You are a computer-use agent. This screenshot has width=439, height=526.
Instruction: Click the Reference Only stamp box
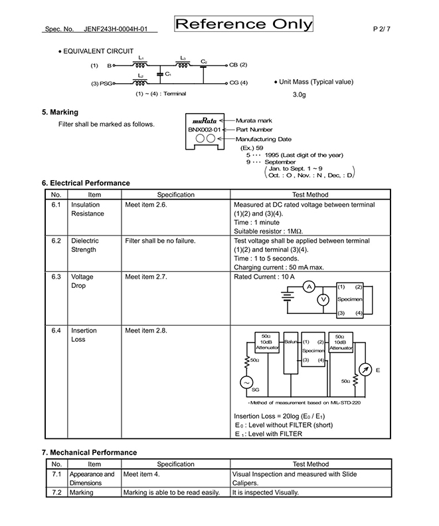click(x=244, y=24)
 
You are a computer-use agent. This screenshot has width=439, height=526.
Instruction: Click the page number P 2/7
click(x=382, y=29)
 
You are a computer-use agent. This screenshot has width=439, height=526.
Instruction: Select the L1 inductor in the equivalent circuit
click(x=140, y=65)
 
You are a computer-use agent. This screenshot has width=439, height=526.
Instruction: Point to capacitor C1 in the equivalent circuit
click(x=160, y=74)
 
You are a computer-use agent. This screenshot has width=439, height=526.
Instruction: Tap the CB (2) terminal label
click(x=238, y=65)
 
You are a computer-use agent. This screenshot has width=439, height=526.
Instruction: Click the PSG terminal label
click(x=106, y=83)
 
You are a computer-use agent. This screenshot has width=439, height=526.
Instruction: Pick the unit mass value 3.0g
click(x=300, y=94)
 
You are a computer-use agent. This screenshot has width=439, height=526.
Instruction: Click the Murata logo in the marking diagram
click(x=205, y=121)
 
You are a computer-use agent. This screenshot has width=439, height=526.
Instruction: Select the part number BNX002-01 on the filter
click(x=205, y=130)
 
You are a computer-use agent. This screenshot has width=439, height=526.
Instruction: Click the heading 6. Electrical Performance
click(x=86, y=183)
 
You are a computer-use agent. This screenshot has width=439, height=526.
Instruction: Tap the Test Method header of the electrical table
click(x=310, y=195)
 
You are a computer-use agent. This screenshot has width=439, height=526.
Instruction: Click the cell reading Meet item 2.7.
click(x=145, y=277)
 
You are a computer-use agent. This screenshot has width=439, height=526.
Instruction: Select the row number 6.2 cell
click(x=56, y=241)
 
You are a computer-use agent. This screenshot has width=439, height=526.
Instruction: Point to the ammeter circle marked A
click(x=309, y=287)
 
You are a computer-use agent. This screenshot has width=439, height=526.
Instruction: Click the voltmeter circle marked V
click(x=323, y=299)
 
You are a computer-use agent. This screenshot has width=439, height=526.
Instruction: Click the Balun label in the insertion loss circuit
click(x=291, y=342)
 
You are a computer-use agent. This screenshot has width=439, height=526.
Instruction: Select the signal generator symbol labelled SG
click(x=246, y=383)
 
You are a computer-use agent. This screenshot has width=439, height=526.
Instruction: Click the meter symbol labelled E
click(x=365, y=370)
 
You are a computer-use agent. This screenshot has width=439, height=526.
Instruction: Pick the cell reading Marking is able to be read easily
click(x=171, y=493)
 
